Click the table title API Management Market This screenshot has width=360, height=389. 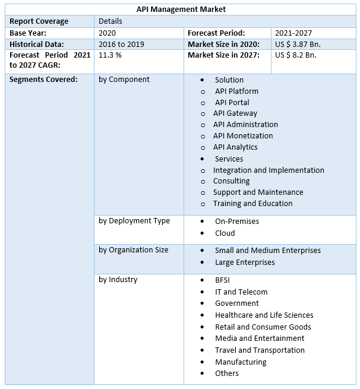click(x=181, y=10)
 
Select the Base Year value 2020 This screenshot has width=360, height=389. click(x=108, y=33)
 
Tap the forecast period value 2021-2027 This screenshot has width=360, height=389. click(x=293, y=33)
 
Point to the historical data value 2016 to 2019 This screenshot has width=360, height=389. click(x=121, y=45)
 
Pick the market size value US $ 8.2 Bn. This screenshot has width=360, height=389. click(x=295, y=55)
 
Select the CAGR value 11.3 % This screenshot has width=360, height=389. click(x=110, y=55)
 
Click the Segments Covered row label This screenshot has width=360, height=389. click(x=43, y=80)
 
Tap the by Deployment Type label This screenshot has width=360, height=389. click(x=134, y=221)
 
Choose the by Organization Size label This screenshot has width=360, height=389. click(x=133, y=250)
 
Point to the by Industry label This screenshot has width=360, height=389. click(x=118, y=280)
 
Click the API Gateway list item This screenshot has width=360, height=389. click(x=235, y=113)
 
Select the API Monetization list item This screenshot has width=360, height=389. click(x=243, y=136)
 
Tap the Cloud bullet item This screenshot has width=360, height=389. click(x=225, y=233)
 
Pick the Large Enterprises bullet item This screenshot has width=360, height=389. click(x=245, y=263)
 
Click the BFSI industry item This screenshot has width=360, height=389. click(x=222, y=280)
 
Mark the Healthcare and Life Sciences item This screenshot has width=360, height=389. click(x=264, y=315)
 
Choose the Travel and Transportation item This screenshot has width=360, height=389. click(x=260, y=350)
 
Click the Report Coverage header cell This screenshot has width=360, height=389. click(x=39, y=21)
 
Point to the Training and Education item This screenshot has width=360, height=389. click(x=252, y=204)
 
